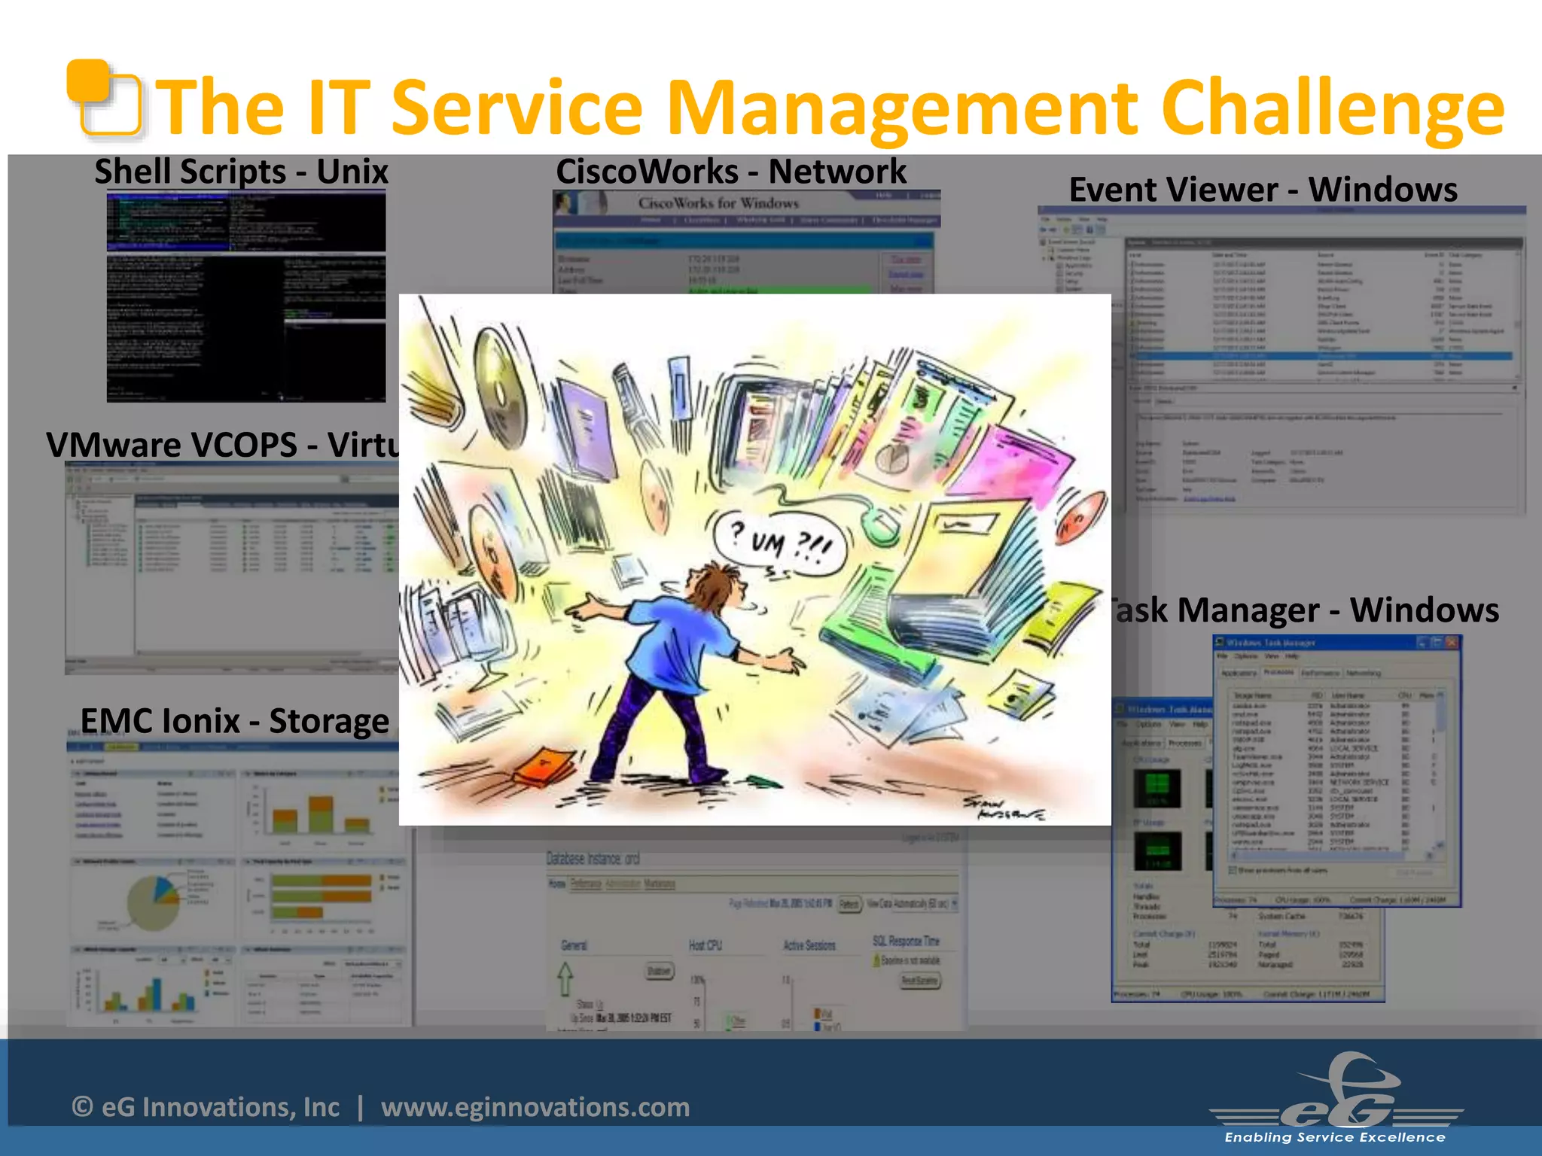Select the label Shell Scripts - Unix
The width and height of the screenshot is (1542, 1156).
(x=241, y=172)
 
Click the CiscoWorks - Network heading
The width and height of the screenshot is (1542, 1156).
(x=731, y=172)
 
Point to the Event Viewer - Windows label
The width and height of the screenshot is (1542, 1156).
(x=1263, y=190)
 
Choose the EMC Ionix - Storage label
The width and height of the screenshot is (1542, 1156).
(x=234, y=721)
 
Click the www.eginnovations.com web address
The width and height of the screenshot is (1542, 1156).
(x=535, y=1107)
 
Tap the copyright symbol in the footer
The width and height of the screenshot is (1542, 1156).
(x=82, y=1107)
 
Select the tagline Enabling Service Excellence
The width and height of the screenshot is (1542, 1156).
(x=1334, y=1137)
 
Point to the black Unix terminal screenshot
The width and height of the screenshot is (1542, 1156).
(x=246, y=297)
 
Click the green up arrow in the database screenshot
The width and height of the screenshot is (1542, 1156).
(x=565, y=978)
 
